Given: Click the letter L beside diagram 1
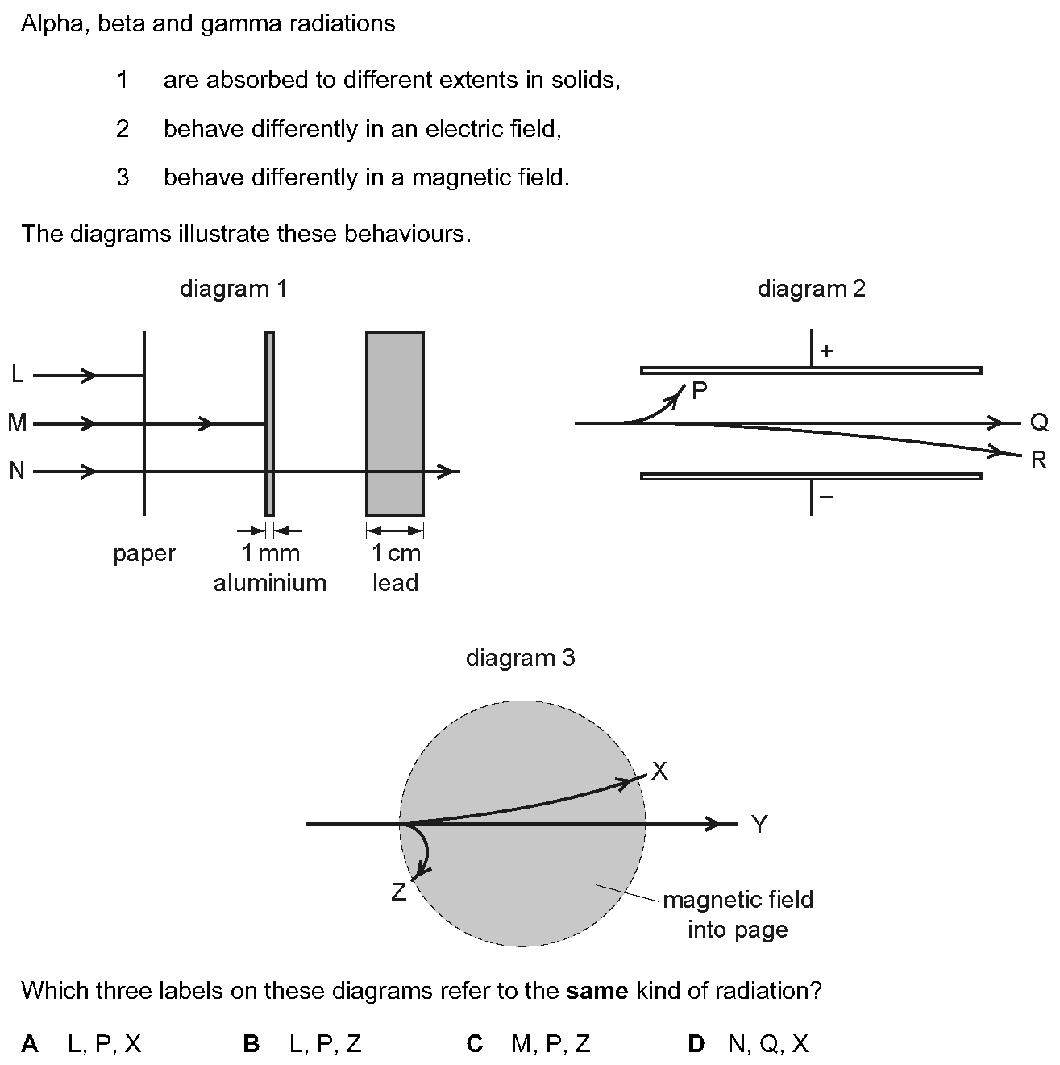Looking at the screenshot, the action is pos(18,374).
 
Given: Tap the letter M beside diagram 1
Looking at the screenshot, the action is pos(17,422).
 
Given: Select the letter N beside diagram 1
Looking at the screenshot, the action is pos(17,471).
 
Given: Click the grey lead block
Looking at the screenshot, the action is pos(395,423).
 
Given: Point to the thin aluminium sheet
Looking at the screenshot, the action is pos(269,423).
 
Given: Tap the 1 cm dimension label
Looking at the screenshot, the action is pos(396,553).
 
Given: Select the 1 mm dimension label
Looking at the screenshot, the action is pos(271,553).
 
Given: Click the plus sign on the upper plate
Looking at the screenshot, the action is pos(826,351).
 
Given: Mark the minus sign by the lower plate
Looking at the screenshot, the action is pos(827,497).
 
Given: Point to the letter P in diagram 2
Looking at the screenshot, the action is pos(699,391).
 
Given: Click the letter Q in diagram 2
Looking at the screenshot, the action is pos(1040,422).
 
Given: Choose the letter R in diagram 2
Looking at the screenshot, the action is pos(1039,460).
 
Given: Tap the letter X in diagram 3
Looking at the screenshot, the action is pos(659,771).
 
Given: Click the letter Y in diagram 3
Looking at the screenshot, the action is pos(760,824).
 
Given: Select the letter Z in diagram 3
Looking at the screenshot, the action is pos(399,892).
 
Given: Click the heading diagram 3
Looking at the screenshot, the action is pos(521,658).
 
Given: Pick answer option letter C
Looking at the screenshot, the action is pos(475,1044).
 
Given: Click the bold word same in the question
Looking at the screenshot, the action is pos(597,991).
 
